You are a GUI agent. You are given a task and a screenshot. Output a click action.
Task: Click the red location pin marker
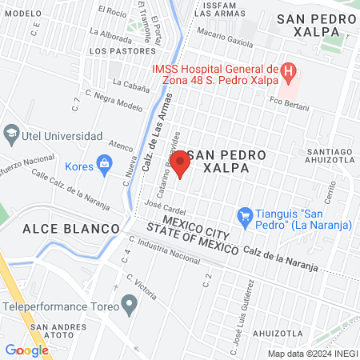pyautogui.click(x=180, y=164)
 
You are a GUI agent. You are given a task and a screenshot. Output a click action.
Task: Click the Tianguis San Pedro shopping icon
pyautogui.click(x=245, y=214)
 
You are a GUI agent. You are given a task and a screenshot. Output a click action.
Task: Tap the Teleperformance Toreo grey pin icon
pyautogui.click(x=128, y=304)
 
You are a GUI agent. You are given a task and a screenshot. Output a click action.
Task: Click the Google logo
pyautogui.click(x=26, y=350)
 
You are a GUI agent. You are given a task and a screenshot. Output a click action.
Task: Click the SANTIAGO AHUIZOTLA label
pyautogui.click(x=330, y=158)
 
